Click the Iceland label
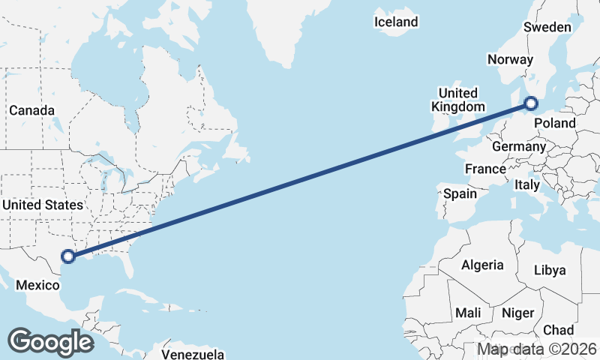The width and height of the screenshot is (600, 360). [396, 22]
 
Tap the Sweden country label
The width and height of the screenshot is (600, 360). [547, 27]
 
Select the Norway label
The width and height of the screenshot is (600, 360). [510, 60]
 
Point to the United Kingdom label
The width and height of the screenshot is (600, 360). [458, 100]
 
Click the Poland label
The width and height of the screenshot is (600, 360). [556, 123]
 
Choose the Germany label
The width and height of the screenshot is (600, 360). [519, 146]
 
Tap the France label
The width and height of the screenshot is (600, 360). [485, 169]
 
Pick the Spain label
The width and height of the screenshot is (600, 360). [460, 193]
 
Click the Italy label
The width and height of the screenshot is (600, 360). [527, 184]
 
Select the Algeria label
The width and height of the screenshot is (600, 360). [481, 265]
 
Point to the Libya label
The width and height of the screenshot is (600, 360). [550, 270]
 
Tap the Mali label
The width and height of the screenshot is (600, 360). [468, 313]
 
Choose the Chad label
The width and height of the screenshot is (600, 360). [558, 330]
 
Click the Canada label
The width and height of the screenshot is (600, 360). [32, 110]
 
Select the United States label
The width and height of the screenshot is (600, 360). [42, 205]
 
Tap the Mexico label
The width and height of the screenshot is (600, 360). [37, 285]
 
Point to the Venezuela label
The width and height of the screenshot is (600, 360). [193, 353]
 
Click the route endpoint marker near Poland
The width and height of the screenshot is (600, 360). [532, 103]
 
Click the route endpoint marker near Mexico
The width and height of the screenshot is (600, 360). [68, 256]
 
